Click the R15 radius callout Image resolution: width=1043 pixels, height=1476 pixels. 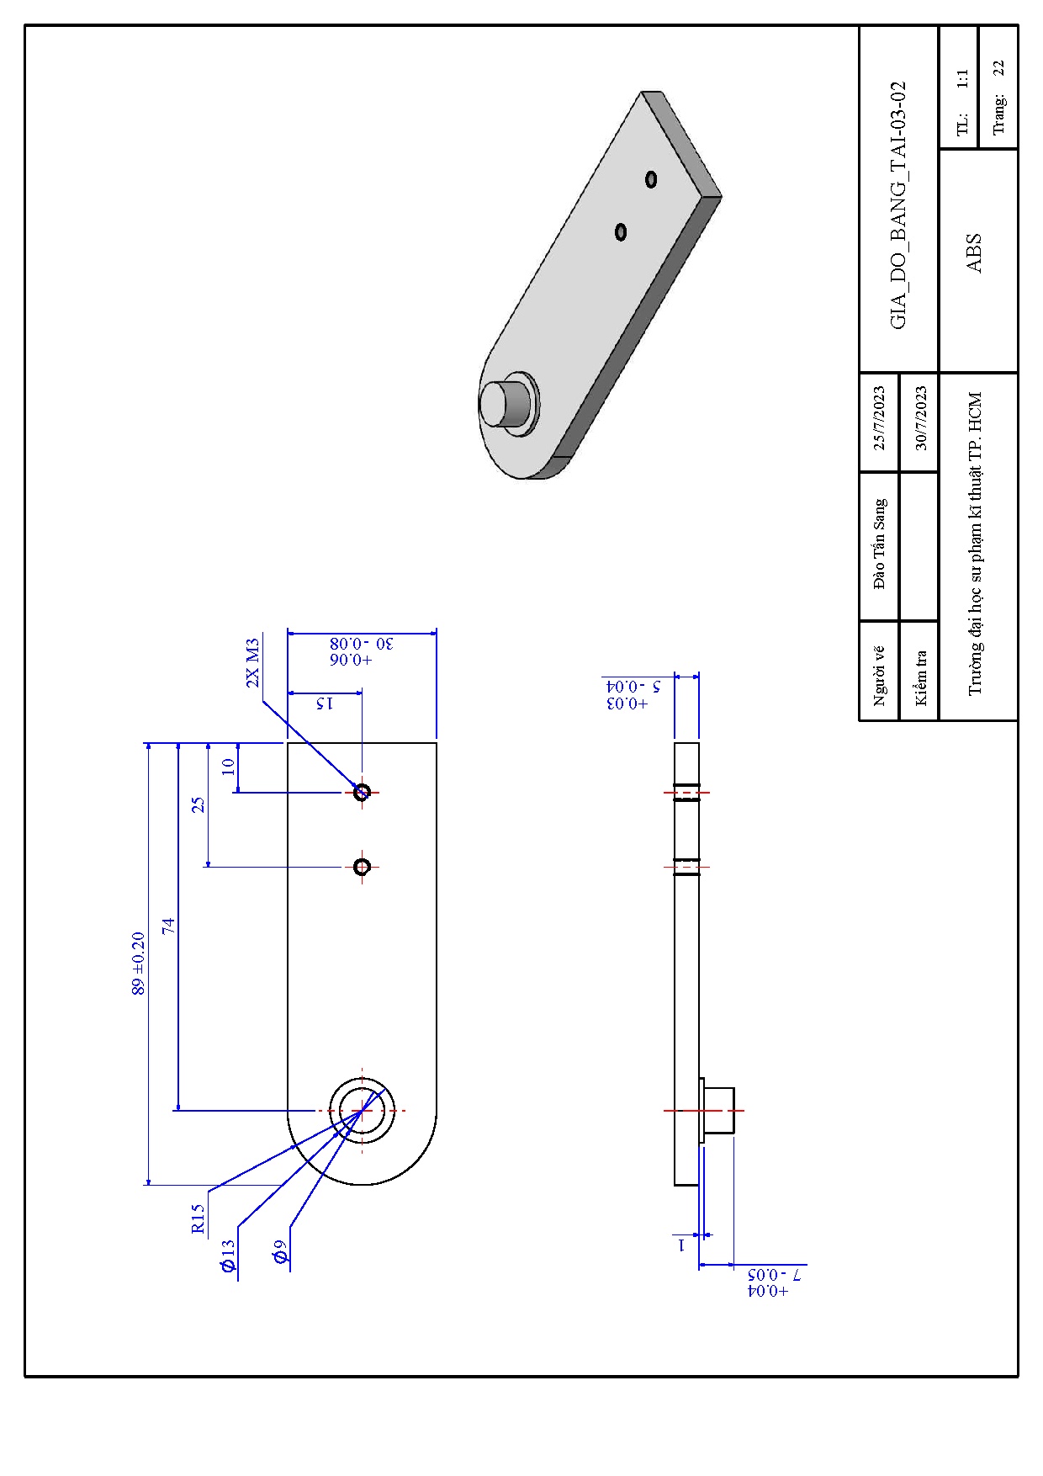coord(198,1218)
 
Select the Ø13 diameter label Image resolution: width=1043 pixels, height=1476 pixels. coord(228,1256)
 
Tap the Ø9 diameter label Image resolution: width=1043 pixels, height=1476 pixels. coord(280,1251)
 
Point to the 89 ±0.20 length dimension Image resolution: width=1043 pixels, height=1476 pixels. coord(138,964)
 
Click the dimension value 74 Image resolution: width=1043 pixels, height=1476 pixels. coord(168,926)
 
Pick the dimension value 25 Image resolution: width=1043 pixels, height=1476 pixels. coord(198,804)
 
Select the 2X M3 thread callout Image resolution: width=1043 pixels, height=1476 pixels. coord(252,663)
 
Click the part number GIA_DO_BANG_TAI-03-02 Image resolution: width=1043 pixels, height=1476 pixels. coord(898,204)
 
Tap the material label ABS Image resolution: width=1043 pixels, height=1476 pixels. coord(974,252)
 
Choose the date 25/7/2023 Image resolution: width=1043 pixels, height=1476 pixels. coord(879,418)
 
